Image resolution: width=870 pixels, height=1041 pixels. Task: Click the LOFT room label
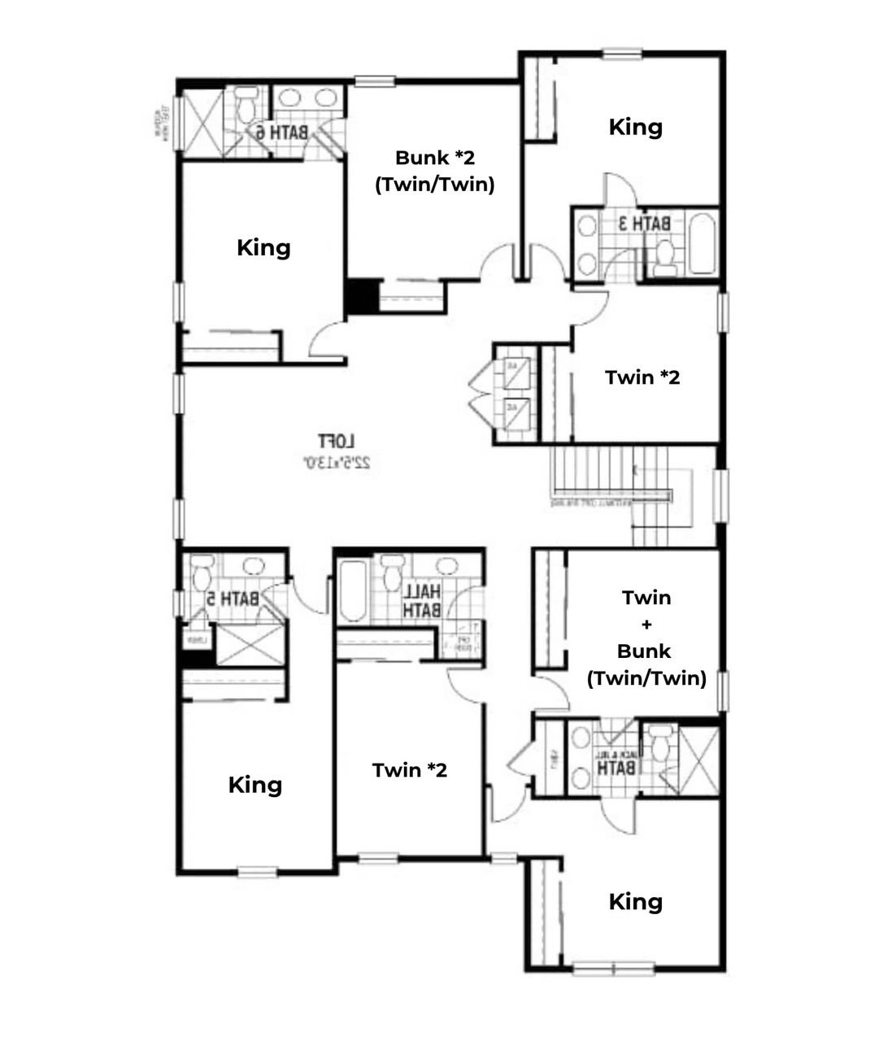click(x=336, y=442)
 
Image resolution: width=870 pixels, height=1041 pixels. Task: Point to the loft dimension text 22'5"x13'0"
click(x=337, y=463)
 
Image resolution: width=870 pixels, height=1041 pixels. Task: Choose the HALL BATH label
click(x=422, y=599)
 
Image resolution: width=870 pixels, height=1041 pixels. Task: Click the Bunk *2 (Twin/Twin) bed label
click(x=434, y=171)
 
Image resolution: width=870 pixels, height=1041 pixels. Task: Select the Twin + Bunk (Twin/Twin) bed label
click(x=646, y=638)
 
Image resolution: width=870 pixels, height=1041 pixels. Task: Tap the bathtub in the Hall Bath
click(x=352, y=590)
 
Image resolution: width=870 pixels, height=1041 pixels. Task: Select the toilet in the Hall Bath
click(x=393, y=571)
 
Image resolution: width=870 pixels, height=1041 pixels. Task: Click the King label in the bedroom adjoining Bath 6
click(x=263, y=247)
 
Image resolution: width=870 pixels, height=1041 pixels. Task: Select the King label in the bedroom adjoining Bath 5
click(x=254, y=785)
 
